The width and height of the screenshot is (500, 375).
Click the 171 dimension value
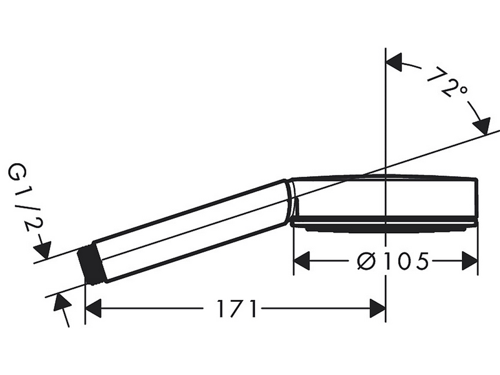click(237, 308)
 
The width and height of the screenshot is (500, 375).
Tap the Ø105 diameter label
click(392, 261)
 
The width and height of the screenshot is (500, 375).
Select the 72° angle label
click(446, 83)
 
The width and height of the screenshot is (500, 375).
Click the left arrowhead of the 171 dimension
click(93, 308)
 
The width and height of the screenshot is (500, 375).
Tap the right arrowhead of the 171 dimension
click(377, 308)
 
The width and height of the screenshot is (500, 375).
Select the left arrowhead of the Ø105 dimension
click(302, 261)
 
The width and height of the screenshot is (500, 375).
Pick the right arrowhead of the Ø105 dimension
click(470, 261)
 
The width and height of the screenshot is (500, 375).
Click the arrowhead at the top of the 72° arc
click(394, 62)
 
